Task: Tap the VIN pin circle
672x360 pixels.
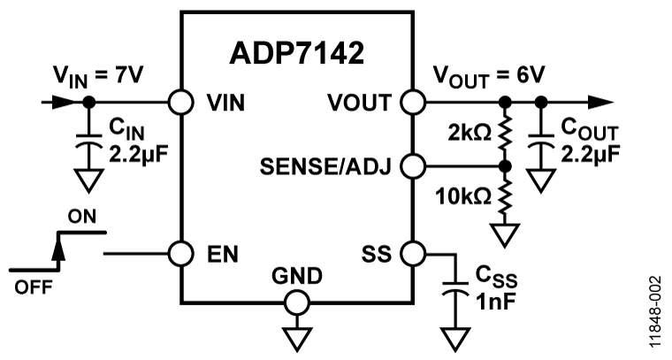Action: [181, 102]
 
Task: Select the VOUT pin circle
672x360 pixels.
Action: [411, 102]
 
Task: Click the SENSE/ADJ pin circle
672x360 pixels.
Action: [411, 165]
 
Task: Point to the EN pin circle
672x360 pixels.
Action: [181, 253]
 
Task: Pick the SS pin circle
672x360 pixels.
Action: [411, 253]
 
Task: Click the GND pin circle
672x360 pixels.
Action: [296, 303]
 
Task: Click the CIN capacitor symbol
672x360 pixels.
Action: [88, 145]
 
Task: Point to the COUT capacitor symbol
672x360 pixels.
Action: [539, 144]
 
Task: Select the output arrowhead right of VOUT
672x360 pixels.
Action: [602, 102]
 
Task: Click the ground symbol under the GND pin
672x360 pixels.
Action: [296, 337]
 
